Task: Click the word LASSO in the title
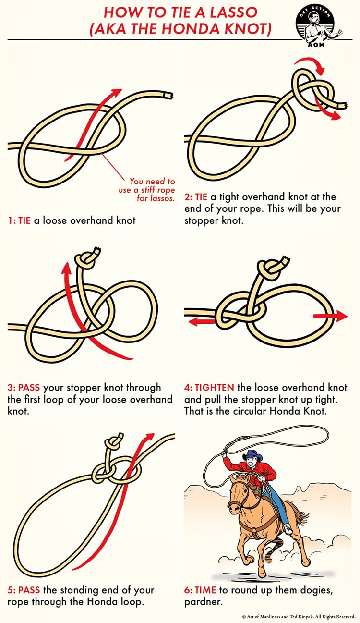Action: pyautogui.click(x=233, y=12)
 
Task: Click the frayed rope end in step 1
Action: pyautogui.click(x=168, y=96)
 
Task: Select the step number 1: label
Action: pyautogui.click(x=12, y=221)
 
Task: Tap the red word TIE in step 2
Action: pyautogui.click(x=201, y=197)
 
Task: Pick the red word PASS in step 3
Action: pyautogui.click(x=29, y=388)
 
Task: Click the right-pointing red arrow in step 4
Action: pyautogui.click(x=330, y=316)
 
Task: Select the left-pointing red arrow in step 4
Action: pyautogui.click(x=202, y=322)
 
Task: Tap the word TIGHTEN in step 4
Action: pyautogui.click(x=215, y=388)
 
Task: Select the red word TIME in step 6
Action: pyautogui.click(x=205, y=590)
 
